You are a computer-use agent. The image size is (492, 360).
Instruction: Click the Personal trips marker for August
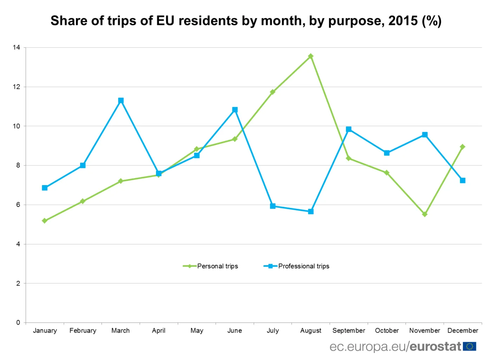pyautogui.click(x=311, y=56)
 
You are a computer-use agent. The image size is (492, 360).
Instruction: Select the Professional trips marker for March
pyautogui.click(x=121, y=100)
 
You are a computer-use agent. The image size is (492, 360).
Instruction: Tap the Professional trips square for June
pyautogui.click(x=235, y=110)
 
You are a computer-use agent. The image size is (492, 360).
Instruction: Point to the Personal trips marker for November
pyautogui.click(x=425, y=214)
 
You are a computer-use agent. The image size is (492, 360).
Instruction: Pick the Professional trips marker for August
pyautogui.click(x=311, y=211)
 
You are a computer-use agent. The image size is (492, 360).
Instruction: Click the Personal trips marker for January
pyautogui.click(x=45, y=221)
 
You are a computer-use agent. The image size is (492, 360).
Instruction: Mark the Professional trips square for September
pyautogui.click(x=349, y=129)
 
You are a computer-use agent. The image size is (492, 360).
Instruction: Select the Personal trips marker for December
pyautogui.click(x=462, y=147)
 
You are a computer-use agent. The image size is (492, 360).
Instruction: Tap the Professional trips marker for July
pyautogui.click(x=273, y=206)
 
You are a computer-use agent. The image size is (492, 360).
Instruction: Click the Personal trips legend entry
pyautogui.click(x=211, y=266)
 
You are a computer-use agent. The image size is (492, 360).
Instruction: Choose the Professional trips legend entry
pyautogui.click(x=297, y=266)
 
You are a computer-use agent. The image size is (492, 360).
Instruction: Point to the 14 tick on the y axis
pyautogui.click(x=17, y=47)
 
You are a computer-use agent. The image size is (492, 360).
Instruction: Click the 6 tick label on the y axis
pyautogui.click(x=18, y=205)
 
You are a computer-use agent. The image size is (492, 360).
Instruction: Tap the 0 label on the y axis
pyautogui.click(x=18, y=322)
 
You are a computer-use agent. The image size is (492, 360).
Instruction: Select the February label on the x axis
pyautogui.click(x=83, y=330)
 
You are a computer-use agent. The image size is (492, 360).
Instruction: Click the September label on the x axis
pyautogui.click(x=349, y=330)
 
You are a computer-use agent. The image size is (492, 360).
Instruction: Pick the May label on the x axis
pyautogui.click(x=197, y=330)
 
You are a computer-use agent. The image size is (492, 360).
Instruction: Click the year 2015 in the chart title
pyautogui.click(x=403, y=21)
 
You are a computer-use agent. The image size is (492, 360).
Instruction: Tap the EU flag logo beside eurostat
pyautogui.click(x=470, y=347)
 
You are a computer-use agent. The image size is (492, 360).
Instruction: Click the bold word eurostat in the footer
pyautogui.click(x=435, y=347)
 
